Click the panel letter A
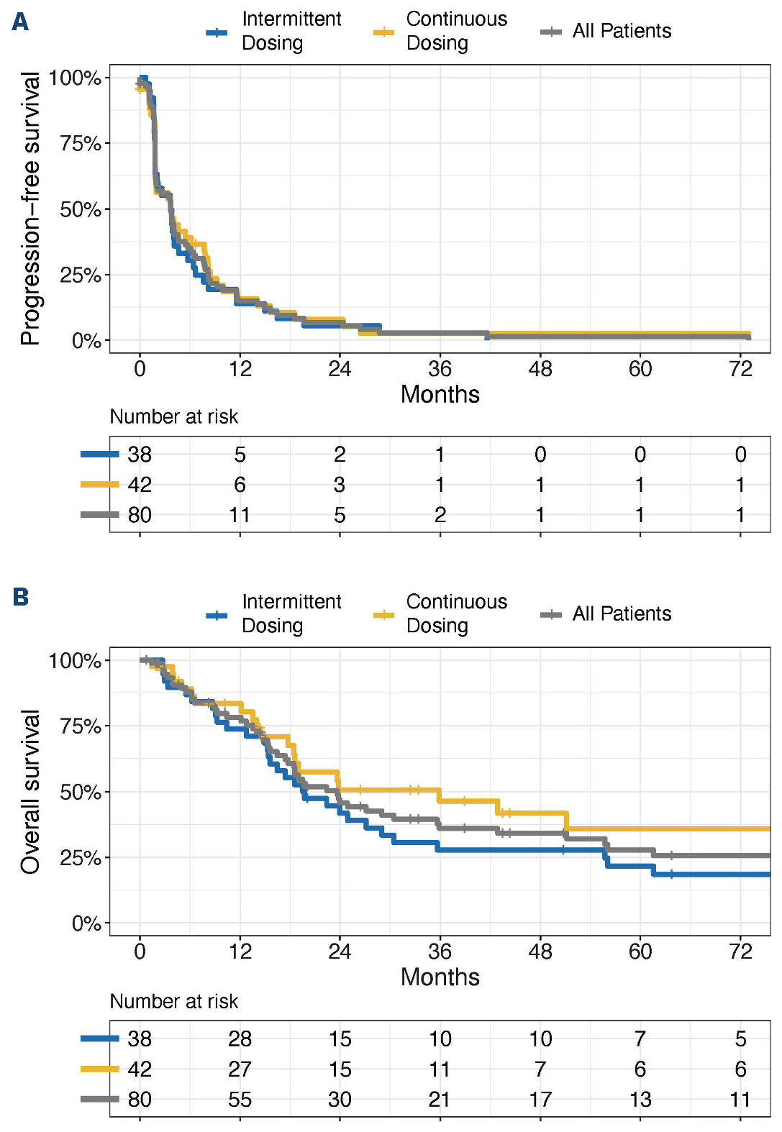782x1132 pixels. [20, 22]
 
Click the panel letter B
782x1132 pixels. [20, 597]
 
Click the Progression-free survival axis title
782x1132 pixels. [30, 209]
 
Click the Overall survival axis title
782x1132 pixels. [30, 791]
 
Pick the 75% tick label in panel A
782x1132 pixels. [81, 143]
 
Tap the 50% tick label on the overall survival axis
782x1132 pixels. [81, 792]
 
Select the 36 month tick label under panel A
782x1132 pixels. [440, 369]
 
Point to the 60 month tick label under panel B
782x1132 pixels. [640, 951]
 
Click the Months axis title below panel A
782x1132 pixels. [440, 394]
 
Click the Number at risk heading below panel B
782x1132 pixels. [173, 1001]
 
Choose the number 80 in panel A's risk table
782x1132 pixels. [140, 515]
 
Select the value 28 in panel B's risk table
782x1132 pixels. [240, 1039]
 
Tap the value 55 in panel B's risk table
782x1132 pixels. [240, 1100]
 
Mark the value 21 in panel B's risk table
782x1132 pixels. [440, 1100]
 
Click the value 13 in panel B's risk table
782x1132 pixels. [640, 1100]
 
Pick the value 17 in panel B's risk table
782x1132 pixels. [540, 1100]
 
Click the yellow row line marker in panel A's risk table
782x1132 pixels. [99, 485]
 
